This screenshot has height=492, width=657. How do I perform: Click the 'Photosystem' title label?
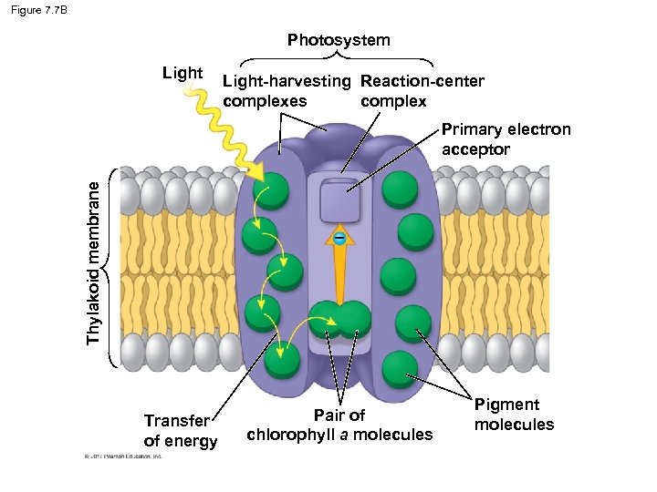(x=339, y=40)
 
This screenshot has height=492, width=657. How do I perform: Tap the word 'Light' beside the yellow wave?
(x=182, y=73)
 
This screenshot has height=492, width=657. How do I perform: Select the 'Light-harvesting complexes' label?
(x=286, y=90)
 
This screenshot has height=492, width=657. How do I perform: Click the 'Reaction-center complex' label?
(x=422, y=90)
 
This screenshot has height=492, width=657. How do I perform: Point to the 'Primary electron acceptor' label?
(x=506, y=138)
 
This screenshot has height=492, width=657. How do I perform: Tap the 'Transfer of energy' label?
(x=181, y=431)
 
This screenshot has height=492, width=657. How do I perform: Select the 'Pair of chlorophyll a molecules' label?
(x=339, y=425)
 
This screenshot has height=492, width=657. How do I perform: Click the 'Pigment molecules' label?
(x=514, y=414)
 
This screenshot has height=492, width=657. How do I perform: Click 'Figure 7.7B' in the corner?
(x=41, y=10)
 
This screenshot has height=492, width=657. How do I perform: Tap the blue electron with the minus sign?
(x=339, y=239)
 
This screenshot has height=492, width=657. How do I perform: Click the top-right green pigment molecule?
(x=400, y=189)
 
